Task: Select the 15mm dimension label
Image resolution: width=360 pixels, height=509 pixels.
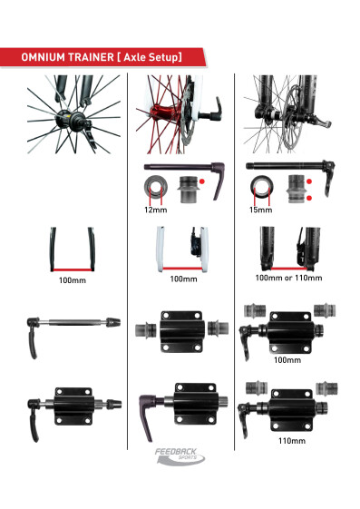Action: pos(260,210)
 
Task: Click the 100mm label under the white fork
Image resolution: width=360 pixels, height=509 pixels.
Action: pos(182,279)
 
